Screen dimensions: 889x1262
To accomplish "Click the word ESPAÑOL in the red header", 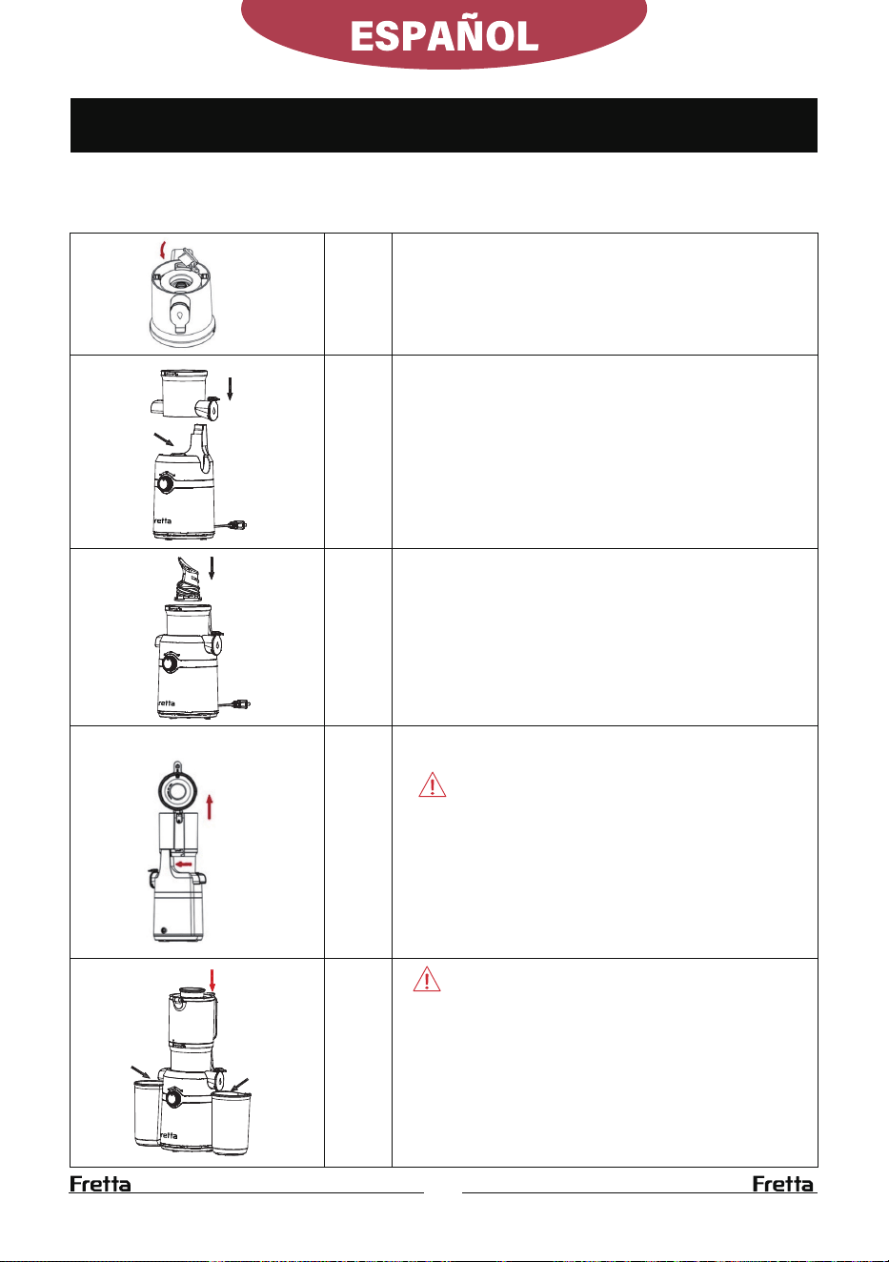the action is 444,36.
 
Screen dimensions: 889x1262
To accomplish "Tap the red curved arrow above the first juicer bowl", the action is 163,250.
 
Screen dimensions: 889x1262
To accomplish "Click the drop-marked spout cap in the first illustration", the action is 180,314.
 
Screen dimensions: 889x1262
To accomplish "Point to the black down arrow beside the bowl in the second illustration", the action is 230,389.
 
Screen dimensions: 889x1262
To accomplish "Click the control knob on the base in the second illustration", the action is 166,483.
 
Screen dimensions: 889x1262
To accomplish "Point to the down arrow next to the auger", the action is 212,568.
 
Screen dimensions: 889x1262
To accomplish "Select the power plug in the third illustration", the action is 243,703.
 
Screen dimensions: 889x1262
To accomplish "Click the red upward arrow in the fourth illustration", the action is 210,806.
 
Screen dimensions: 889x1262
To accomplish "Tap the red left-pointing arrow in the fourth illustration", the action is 184,865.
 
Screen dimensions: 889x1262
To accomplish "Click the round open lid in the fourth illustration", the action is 177,790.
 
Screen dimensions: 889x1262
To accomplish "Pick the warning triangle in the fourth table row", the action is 432,784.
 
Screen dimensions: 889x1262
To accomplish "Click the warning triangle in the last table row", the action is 427,979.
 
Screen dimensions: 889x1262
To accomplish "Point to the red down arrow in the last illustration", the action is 212,981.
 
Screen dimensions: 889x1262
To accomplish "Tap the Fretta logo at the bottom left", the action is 100,1184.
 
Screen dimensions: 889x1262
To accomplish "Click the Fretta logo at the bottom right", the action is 783,1184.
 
